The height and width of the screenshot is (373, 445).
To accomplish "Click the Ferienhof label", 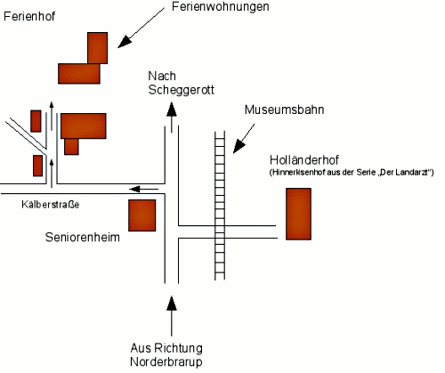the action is [x=29, y=16].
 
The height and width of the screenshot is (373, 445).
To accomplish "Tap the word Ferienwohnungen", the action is [x=221, y=6].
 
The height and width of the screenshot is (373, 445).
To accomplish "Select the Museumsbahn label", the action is [x=284, y=109].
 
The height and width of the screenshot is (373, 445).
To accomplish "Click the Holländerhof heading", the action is [x=304, y=160].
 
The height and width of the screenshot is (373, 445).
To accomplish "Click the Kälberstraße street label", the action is [x=51, y=205].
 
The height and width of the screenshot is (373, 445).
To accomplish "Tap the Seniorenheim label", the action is [x=83, y=238].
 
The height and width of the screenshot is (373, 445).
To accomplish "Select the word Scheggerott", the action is [x=181, y=90].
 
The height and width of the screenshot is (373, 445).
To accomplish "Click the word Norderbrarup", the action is [x=166, y=361].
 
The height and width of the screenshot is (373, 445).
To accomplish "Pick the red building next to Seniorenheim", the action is [x=142, y=215].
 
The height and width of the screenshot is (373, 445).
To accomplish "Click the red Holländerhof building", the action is [x=298, y=214].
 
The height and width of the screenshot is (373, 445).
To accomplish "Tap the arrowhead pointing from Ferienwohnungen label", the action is [x=125, y=42].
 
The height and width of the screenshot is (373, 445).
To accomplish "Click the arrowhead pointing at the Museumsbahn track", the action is [x=239, y=147].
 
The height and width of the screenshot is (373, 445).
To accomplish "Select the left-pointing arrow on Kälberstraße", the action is [x=143, y=189].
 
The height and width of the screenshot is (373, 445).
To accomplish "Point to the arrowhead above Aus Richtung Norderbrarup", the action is [x=172, y=304].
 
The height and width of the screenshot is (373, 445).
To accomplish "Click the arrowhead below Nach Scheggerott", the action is [x=172, y=109].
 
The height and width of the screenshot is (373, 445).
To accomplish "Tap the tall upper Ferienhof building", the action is [x=98, y=48].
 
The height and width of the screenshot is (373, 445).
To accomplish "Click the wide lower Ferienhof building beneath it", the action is [x=79, y=74].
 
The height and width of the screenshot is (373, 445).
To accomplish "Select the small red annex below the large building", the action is [x=71, y=146].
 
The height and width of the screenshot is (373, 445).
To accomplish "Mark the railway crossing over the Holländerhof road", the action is [x=220, y=231].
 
